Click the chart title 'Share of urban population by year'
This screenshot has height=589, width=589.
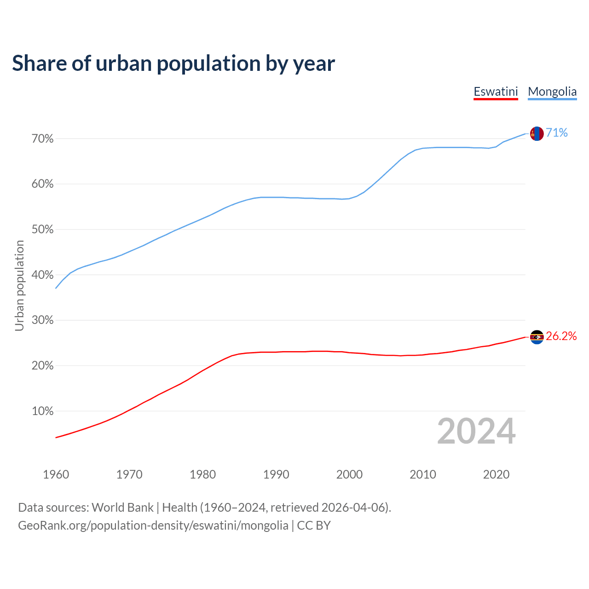point(173,64)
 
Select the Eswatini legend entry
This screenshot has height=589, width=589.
point(496,92)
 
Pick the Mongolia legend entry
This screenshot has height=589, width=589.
point(552,92)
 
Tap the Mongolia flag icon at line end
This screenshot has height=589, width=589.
point(537,133)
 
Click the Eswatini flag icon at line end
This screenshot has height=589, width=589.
point(537,337)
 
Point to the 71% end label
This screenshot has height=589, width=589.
point(557,133)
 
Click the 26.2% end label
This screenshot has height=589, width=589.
point(561,336)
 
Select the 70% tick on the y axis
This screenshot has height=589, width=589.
point(42,139)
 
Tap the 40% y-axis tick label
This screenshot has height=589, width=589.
point(42,275)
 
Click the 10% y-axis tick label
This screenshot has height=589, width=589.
point(42,411)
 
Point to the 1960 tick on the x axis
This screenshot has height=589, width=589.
point(56,474)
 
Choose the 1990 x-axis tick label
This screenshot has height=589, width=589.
point(276,474)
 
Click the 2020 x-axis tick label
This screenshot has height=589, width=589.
point(496,474)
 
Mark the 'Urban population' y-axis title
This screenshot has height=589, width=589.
point(19,285)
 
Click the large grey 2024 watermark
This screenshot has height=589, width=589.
point(476,432)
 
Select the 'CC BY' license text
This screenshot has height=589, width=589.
point(314,525)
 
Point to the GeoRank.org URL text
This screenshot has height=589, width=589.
point(153,525)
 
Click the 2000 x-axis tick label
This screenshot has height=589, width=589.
point(349,474)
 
